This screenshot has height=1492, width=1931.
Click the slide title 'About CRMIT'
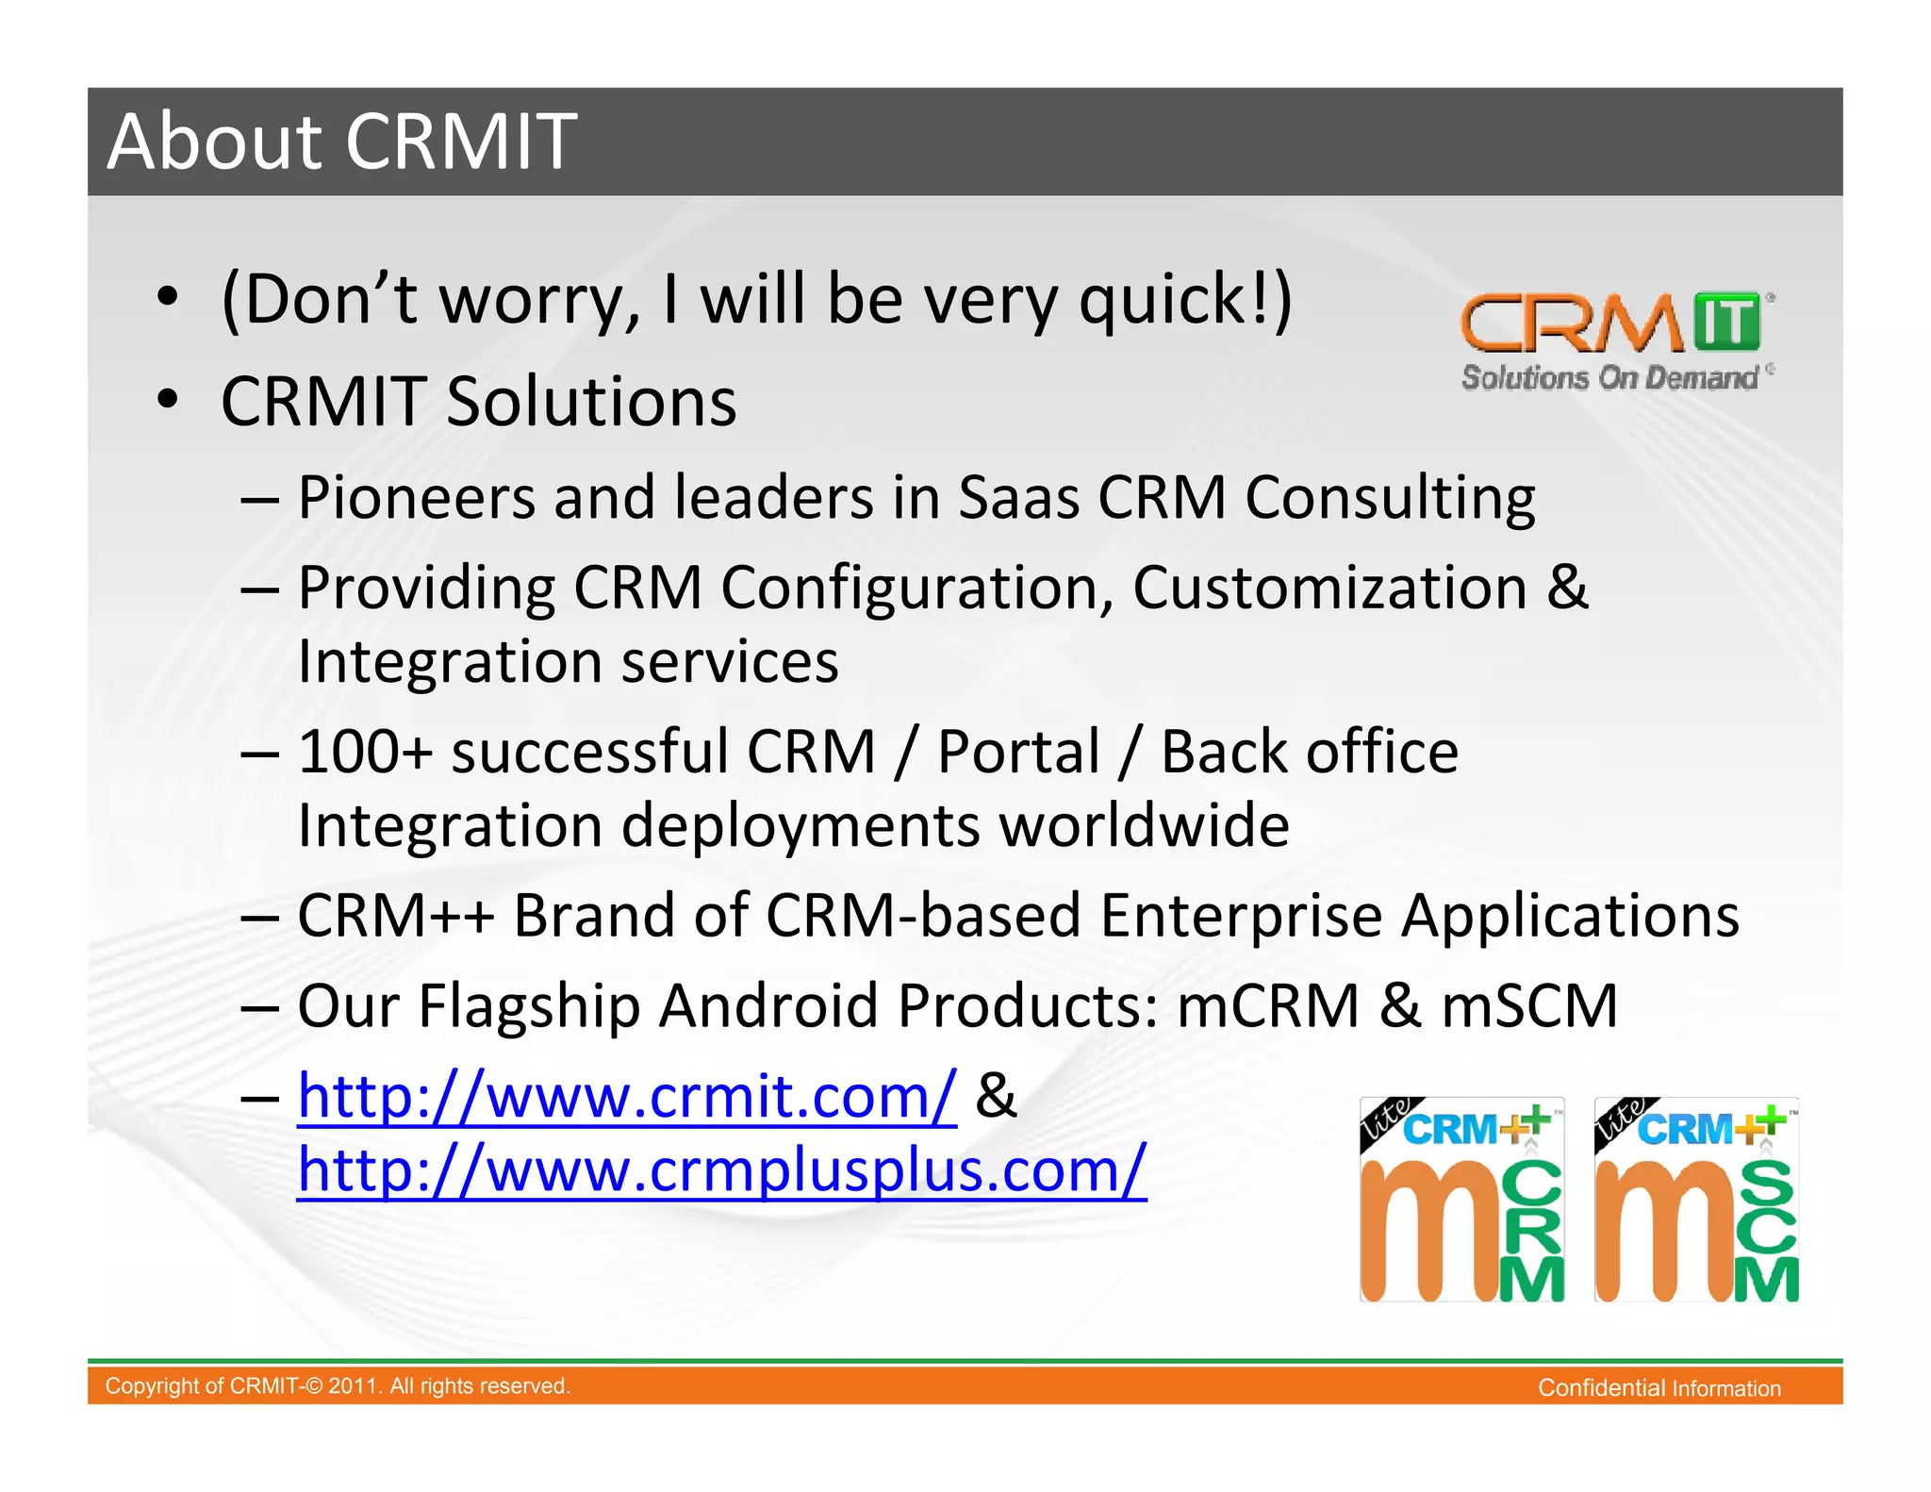pos(341,141)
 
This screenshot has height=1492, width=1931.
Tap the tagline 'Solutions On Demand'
pos(1609,378)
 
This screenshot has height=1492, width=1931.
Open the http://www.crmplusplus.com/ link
pos(721,1169)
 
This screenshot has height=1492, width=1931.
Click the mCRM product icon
pos(1461,1200)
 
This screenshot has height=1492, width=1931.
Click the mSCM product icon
pos(1696,1200)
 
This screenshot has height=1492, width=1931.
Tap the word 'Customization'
pos(1329,588)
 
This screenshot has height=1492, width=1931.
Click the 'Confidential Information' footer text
pos(1659,1388)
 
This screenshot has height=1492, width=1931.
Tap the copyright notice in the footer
pos(338,1386)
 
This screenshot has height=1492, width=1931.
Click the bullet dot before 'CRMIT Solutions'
pos(168,400)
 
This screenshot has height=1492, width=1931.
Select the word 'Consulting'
pos(1390,497)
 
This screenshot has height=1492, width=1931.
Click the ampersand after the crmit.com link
pos(997,1096)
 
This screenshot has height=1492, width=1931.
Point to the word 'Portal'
pos(1018,752)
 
